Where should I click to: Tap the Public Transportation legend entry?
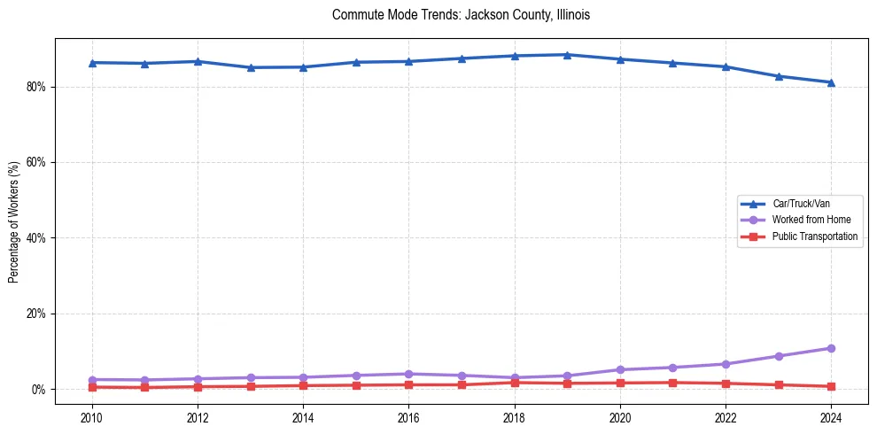[814, 236]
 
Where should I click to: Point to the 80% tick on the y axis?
[38, 87]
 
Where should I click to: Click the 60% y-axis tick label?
[38, 163]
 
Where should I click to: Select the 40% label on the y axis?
[38, 238]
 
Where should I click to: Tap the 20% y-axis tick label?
[38, 314]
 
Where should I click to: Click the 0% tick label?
[40, 390]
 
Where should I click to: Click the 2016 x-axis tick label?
[408, 416]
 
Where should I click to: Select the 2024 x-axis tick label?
[831, 416]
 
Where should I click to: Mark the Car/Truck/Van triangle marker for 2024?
[831, 82]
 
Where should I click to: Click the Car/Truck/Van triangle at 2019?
[567, 55]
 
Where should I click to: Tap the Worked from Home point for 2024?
[831, 348]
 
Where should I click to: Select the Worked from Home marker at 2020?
[620, 369]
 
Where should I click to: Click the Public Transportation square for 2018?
[515, 383]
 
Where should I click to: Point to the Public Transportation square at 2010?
[92, 387]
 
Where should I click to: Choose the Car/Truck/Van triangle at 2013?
[251, 67]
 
